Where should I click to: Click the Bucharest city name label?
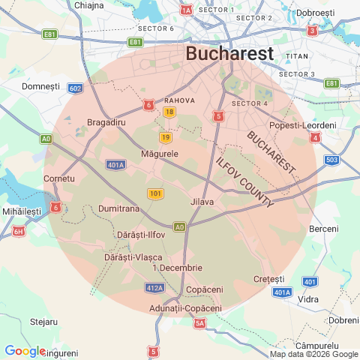tap(229, 54)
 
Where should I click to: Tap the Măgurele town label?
tap(160, 154)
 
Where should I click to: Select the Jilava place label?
tap(202, 202)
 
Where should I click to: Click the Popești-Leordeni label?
tap(302, 124)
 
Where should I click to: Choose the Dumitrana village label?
tap(119, 210)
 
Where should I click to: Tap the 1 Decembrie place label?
tap(177, 268)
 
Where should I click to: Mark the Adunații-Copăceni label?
tap(186, 308)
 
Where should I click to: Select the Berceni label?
tap(324, 228)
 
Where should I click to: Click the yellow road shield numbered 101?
tap(155, 194)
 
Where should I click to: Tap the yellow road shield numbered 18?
tap(169, 112)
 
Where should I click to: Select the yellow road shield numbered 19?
tap(165, 137)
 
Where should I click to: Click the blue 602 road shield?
tap(74, 88)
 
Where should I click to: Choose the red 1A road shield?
tap(187, 10)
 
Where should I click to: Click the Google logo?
tap(25, 350)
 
